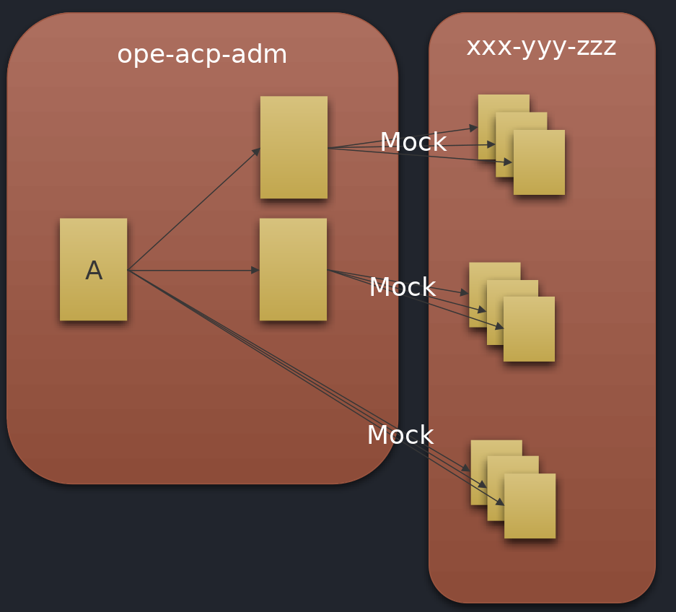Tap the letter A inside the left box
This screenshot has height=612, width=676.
pos(93,271)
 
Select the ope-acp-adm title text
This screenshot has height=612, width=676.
pos(202,55)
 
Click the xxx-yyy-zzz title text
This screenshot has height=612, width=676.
pos(541,47)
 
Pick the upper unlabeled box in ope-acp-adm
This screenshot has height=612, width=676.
pos(294,147)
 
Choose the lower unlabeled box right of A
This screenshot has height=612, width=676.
pos(293,269)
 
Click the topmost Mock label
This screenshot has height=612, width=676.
pos(413,142)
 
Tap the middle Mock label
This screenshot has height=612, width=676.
pos(402,287)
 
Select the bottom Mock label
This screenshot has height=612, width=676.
pos(400,435)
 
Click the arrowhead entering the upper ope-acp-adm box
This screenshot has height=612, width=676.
pos(256,150)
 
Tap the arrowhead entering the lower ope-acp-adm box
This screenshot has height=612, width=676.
pos(255,270)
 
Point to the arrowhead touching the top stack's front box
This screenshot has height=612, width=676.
pos(509,162)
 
